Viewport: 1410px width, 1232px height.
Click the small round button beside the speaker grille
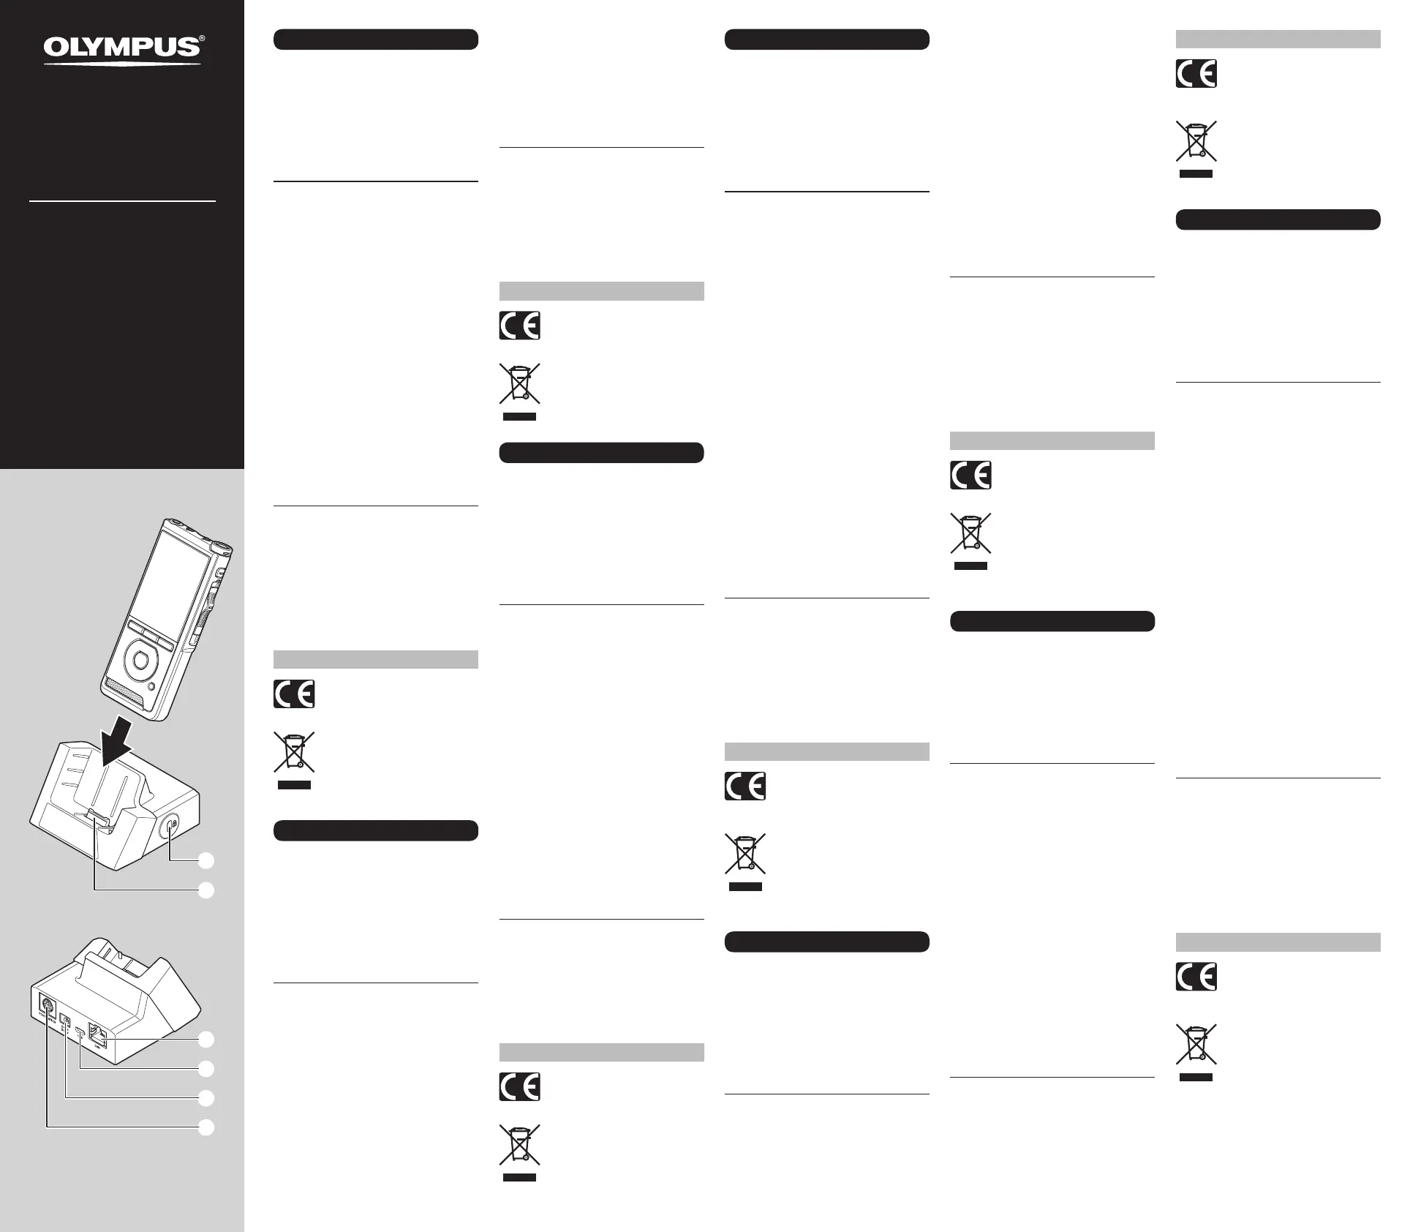click(151, 687)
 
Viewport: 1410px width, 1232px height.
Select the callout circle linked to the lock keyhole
click(207, 860)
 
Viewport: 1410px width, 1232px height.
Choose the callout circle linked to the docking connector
click(207, 890)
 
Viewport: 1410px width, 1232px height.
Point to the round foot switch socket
click(46, 1005)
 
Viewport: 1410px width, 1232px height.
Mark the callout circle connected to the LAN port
click(207, 1039)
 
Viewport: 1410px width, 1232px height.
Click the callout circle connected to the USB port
click(207, 1069)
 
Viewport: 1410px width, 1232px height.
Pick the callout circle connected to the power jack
click(207, 1098)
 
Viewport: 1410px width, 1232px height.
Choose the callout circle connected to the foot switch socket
click(207, 1127)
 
